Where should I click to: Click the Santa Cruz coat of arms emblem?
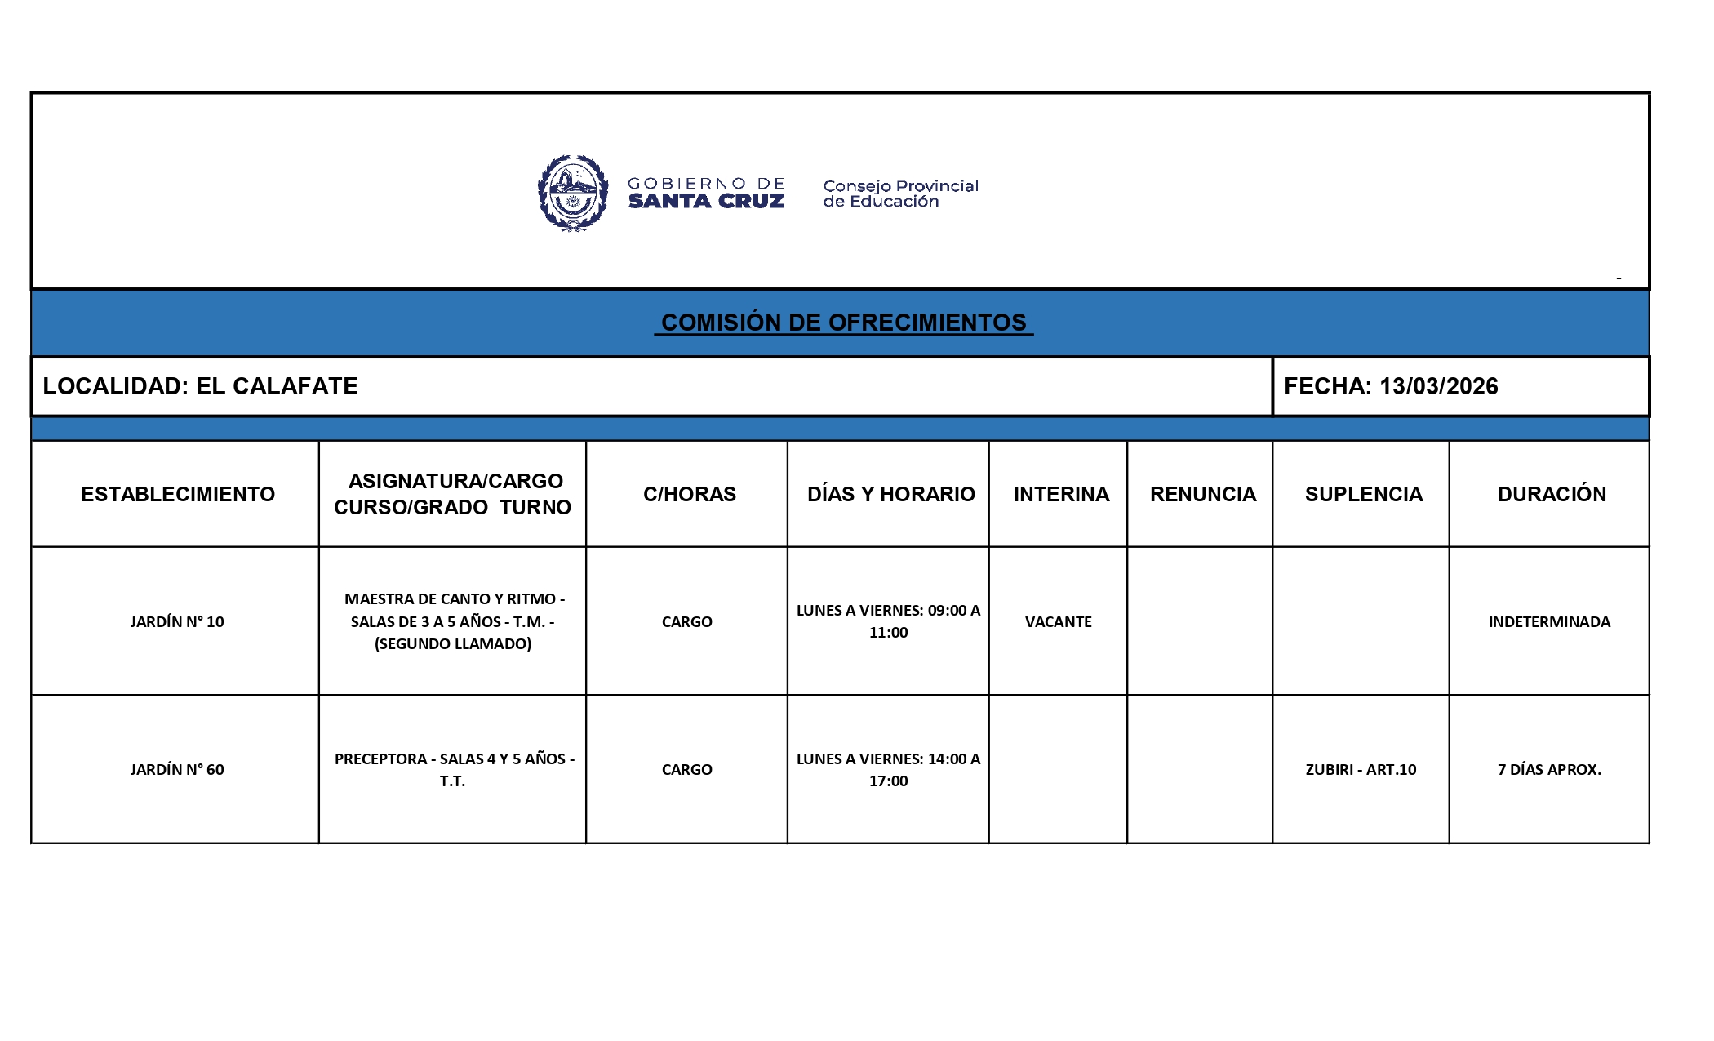tap(573, 194)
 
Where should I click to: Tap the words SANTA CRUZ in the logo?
tap(706, 201)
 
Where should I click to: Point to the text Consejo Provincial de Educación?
tap(899, 194)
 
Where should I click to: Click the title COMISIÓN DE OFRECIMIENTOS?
tap(843, 323)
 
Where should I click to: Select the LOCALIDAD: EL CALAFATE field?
tap(201, 386)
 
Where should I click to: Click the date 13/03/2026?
tap(1438, 386)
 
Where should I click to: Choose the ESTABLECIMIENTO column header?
tap(178, 494)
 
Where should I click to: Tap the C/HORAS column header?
tap(689, 494)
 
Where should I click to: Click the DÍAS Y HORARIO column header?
tap(890, 494)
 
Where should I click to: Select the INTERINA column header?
tap(1061, 494)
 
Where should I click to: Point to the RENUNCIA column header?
tap(1202, 494)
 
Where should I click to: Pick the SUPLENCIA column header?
tap(1363, 494)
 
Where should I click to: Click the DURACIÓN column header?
tap(1551, 494)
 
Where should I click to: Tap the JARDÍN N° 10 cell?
tap(177, 621)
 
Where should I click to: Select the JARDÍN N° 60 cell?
tap(177, 769)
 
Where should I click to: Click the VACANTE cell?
tap(1058, 621)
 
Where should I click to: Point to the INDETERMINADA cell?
tap(1549, 621)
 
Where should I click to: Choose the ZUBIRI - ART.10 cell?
tap(1361, 769)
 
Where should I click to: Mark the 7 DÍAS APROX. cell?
tap(1549, 769)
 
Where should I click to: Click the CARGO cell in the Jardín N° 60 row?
tap(686, 769)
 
